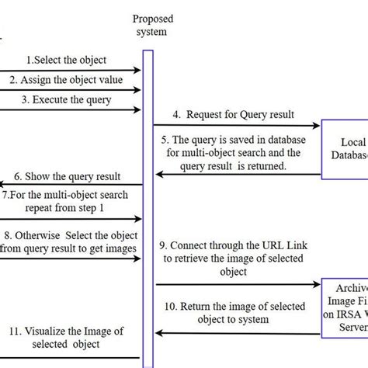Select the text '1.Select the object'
tap(66, 60)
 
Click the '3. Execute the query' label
tap(66, 99)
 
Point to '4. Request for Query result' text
tap(233, 115)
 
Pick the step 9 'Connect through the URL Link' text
tap(233, 257)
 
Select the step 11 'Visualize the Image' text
tap(66, 338)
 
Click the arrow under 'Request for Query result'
tap(237, 125)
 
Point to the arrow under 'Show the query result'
tap(70, 184)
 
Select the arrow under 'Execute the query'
tap(70, 109)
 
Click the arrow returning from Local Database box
tap(237, 175)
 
